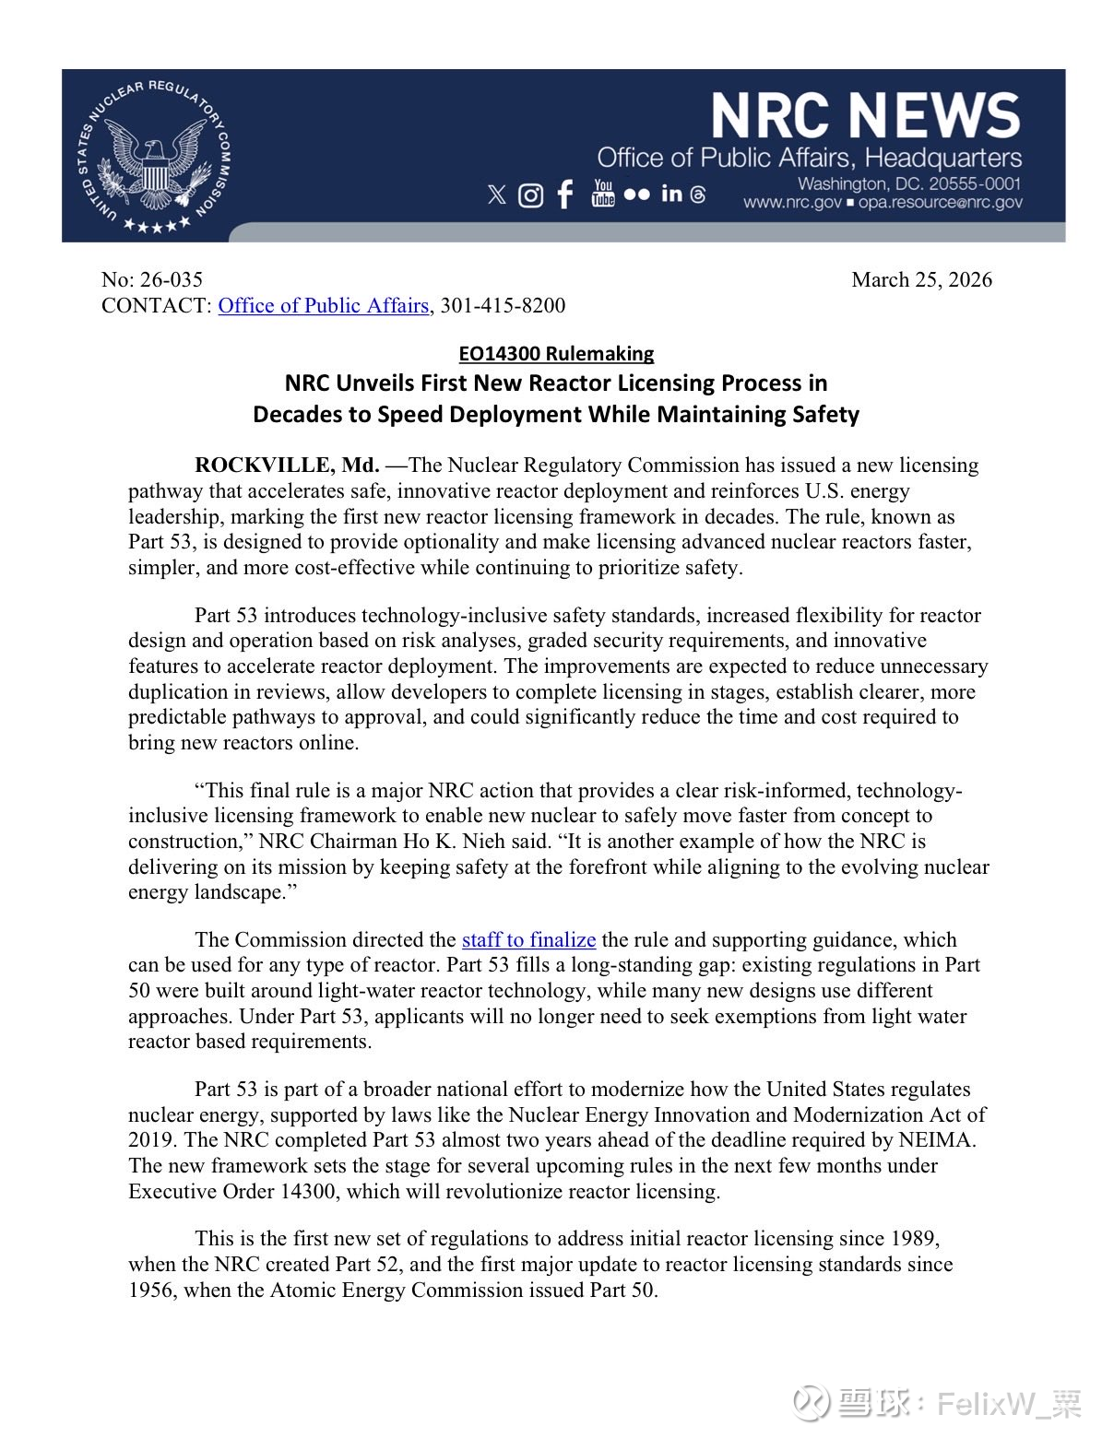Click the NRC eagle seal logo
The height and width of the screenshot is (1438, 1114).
tap(153, 156)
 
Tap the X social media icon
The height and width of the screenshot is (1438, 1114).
tap(496, 194)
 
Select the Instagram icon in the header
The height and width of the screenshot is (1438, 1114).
tap(530, 194)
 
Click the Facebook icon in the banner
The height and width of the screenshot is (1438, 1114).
tap(565, 194)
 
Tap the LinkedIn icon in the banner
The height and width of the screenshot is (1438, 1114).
tap(671, 194)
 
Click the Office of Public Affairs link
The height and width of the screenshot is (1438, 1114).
tap(324, 306)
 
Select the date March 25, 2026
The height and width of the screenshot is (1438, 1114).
tap(921, 280)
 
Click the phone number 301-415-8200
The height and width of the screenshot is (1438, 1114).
tap(503, 306)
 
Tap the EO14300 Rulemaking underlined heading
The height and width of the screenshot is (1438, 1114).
tap(556, 354)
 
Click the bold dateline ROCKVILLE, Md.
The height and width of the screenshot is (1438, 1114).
tap(287, 466)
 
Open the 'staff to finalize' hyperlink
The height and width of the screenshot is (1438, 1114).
tap(528, 940)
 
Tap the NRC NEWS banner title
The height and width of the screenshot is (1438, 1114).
tap(865, 116)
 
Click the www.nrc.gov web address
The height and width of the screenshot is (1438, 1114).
tap(792, 203)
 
